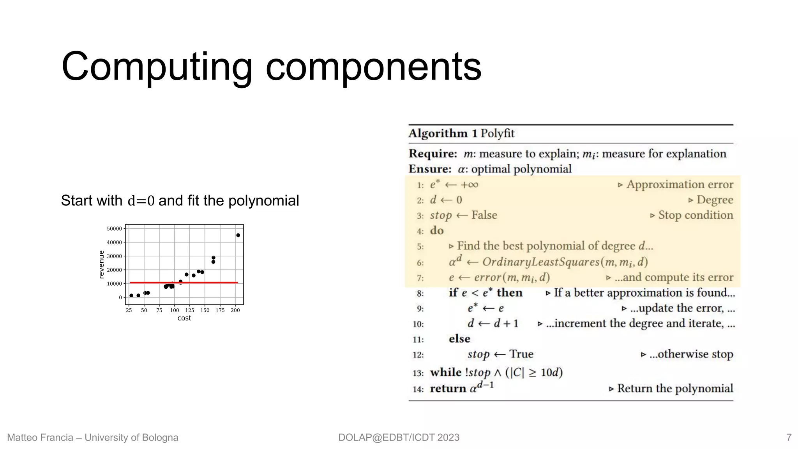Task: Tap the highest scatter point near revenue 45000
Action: click(238, 235)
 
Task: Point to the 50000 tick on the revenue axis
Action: click(114, 229)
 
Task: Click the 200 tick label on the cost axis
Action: click(235, 310)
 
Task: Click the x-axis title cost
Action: click(184, 318)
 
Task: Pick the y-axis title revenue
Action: click(102, 264)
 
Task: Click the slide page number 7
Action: click(789, 437)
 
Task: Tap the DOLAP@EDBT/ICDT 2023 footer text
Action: click(399, 437)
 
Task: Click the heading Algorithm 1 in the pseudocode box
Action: click(443, 133)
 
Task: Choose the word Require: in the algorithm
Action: click(433, 154)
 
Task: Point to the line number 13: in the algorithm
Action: click(418, 373)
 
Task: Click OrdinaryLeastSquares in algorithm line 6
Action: click(540, 262)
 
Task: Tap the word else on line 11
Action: click(459, 339)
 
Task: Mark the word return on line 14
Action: click(448, 389)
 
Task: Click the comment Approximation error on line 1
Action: click(680, 184)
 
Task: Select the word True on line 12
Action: click(521, 354)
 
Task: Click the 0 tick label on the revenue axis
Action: click(120, 297)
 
